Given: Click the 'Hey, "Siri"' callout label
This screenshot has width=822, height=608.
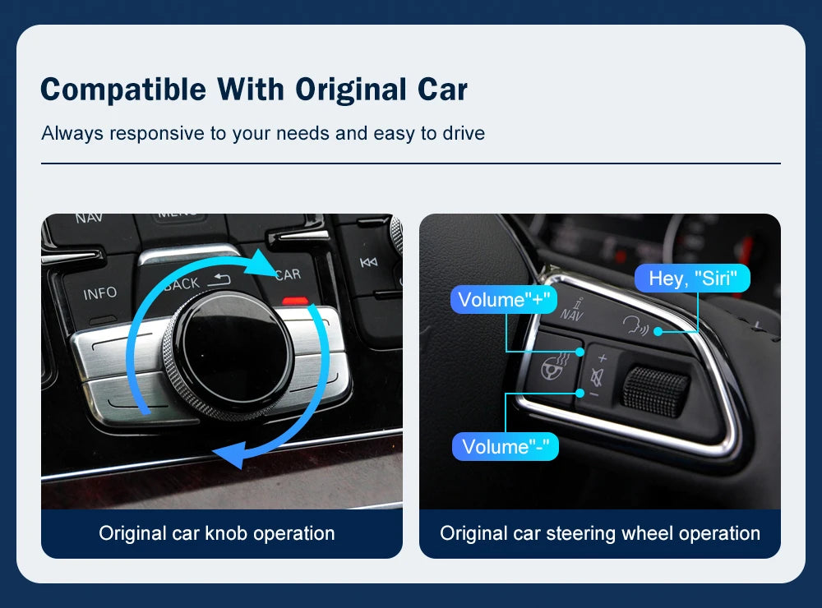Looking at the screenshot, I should (693, 279).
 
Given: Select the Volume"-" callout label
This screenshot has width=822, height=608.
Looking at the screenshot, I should (506, 447).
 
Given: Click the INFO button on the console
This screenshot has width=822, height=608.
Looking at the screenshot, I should (100, 293).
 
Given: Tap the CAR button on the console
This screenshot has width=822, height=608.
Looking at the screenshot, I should (288, 274).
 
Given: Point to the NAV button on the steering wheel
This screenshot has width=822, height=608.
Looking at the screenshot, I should (571, 308).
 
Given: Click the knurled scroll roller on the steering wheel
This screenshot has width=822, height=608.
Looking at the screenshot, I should (655, 389).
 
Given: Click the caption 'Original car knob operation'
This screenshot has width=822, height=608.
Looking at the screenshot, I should (217, 533).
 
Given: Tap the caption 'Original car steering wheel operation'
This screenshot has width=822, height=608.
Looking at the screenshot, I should (600, 533).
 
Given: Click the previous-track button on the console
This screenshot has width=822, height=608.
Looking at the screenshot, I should (368, 263).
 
